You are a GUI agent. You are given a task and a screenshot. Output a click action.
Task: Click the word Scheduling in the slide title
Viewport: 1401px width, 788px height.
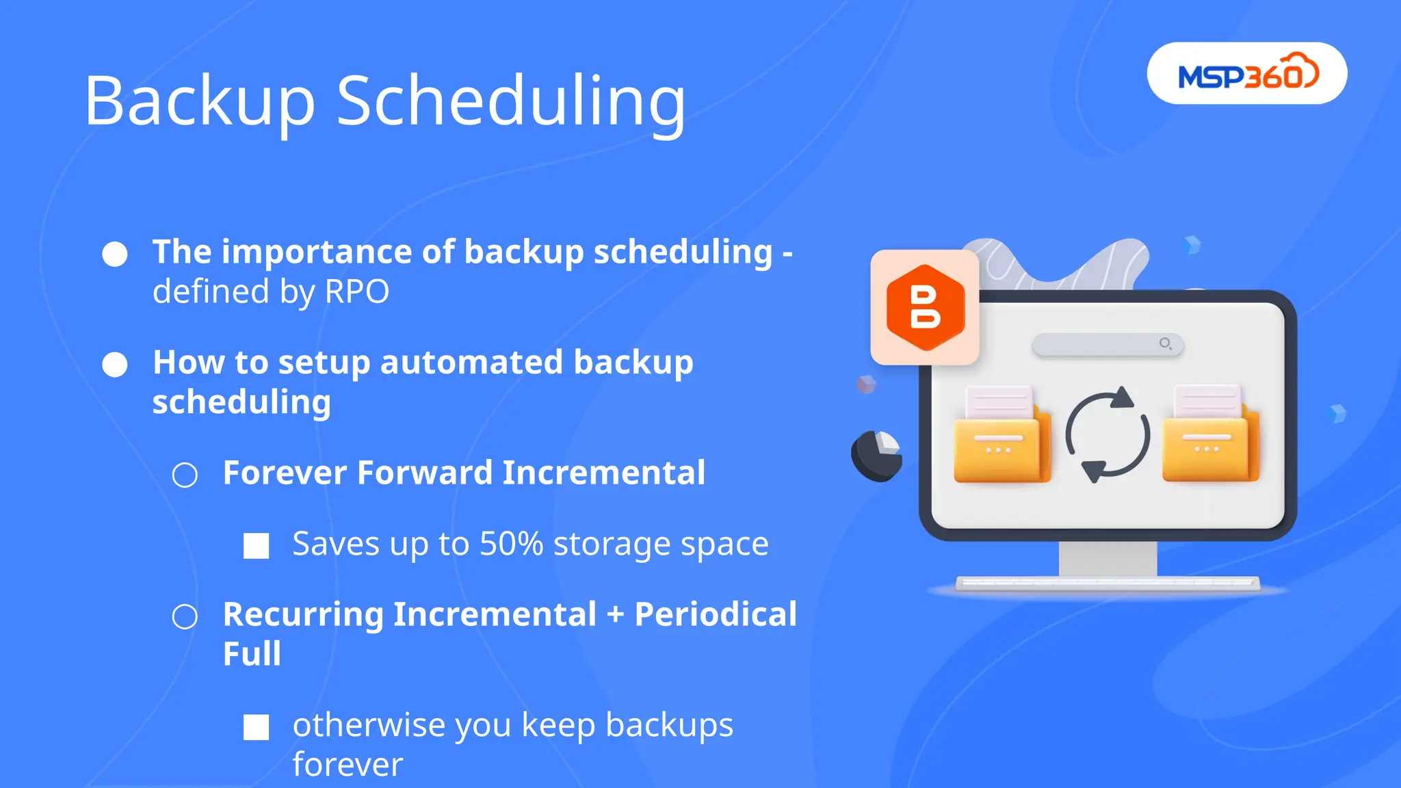coord(510,101)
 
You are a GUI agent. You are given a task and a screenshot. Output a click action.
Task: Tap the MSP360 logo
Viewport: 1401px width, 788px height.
coord(1246,74)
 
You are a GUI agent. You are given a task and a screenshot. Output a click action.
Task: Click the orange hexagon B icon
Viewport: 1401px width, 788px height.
coord(925,308)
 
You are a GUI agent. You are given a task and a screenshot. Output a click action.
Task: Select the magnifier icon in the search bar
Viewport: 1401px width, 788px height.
coord(1165,343)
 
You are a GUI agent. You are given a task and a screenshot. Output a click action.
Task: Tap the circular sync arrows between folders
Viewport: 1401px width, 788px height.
coord(1107,435)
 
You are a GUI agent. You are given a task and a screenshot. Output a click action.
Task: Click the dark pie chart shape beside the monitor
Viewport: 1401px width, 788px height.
coord(876,454)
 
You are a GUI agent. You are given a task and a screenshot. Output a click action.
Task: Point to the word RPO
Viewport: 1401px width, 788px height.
coord(356,292)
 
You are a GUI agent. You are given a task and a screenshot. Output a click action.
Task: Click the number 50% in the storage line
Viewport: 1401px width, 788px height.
coord(511,544)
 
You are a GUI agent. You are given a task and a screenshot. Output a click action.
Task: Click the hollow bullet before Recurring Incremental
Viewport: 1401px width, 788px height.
coord(185,616)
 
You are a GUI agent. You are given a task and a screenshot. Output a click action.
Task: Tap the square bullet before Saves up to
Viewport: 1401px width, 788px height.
coord(257,546)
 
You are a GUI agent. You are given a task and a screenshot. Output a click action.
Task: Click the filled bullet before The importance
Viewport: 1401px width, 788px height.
coord(115,254)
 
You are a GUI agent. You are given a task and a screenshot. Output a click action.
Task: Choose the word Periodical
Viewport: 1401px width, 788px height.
coord(716,614)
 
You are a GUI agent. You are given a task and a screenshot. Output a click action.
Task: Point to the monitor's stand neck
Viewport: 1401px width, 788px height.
coord(1108,559)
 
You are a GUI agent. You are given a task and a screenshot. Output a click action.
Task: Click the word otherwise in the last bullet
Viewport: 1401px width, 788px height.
coord(368,725)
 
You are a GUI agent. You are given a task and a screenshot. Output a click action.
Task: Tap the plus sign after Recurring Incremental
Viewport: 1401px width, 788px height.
coord(615,615)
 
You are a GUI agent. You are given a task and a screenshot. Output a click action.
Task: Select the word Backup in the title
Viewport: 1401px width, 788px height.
coord(199,101)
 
